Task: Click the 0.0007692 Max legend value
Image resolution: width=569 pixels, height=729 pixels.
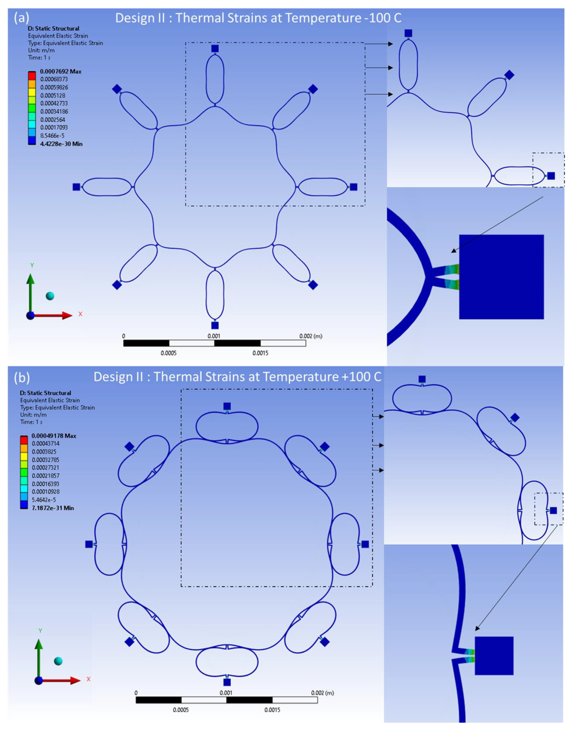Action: point(60,71)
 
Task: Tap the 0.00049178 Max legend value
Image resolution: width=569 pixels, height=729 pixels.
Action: point(54,436)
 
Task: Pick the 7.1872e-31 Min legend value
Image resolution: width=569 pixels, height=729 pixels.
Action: point(53,508)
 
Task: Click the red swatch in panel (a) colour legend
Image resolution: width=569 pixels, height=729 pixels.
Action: point(32,75)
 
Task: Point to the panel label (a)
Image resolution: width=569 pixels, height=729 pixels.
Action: point(21,18)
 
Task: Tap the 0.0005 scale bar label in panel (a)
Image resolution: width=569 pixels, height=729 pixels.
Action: point(169,353)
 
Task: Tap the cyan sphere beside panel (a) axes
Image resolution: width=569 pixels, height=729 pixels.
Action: point(50,296)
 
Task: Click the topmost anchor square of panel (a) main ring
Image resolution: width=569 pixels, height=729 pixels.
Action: point(215,49)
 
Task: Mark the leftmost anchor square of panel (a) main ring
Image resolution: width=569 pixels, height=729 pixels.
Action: point(77,187)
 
